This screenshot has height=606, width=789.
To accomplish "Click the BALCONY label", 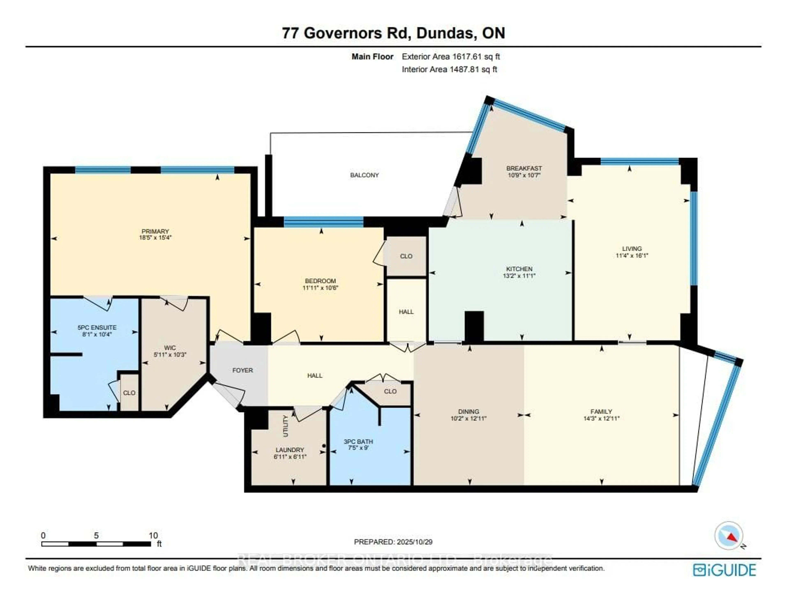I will pos(364,175).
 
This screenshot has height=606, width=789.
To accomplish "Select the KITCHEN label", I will pos(519,269).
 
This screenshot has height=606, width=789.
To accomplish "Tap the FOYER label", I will pos(242,370).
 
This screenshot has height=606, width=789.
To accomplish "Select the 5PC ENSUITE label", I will pos(97,328).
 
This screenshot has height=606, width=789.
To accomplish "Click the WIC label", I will pos(170,348).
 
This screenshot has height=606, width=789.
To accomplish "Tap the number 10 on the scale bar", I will pos(153,535).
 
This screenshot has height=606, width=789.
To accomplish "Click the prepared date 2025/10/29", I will pos(414,542).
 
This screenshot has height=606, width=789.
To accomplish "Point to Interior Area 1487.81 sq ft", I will pos(449,69).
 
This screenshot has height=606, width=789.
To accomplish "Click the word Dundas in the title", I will pos(444,33).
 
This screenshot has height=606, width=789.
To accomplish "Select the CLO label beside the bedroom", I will pos(406,256).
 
